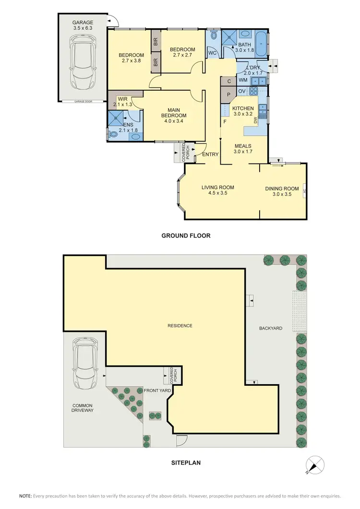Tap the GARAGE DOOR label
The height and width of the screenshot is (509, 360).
coord(83,102)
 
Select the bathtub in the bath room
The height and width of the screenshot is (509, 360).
coord(261,43)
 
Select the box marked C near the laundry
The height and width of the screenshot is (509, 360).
coord(229,81)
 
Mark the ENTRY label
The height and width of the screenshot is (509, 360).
coord(211,154)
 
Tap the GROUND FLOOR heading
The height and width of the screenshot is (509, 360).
coord(186,236)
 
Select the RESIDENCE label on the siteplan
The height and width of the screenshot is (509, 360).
coord(180,326)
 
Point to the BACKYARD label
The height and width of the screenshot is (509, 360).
coord(270,328)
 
